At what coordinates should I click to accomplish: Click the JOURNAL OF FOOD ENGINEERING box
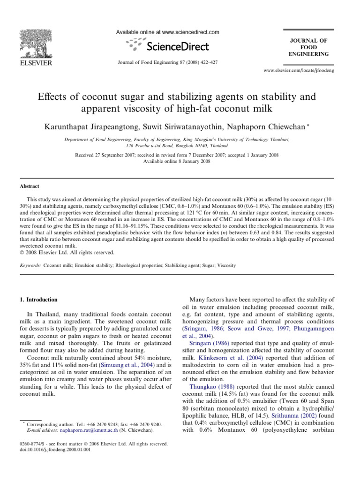point(309,47)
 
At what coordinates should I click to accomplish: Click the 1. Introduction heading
point(42,300)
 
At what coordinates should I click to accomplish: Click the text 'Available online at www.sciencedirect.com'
point(168,32)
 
